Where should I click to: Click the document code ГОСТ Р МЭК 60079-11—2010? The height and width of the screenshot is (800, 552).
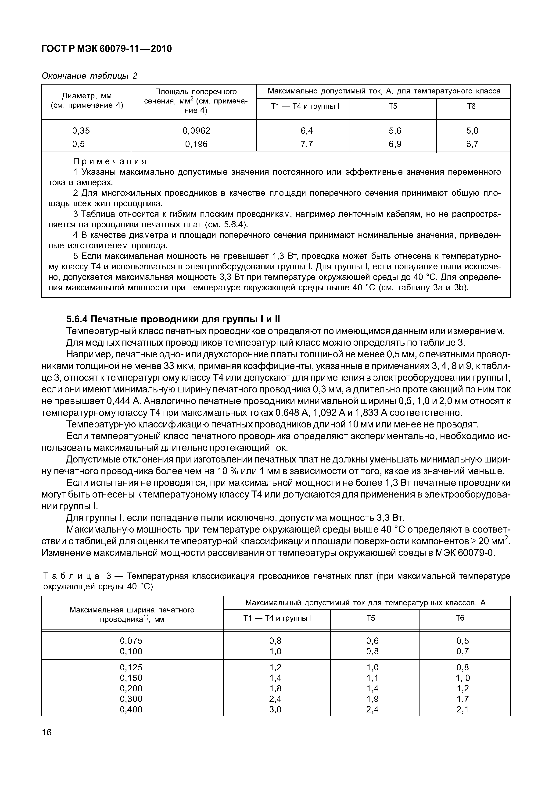pos(107,49)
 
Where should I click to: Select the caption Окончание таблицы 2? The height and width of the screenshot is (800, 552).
pos(89,76)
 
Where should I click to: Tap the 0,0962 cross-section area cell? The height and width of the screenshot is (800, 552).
pos(196,131)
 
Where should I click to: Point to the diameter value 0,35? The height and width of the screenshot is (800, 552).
pos(81,131)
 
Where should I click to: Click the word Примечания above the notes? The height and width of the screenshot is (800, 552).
pos(110,161)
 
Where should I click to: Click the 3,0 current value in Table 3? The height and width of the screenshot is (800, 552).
pos(275,709)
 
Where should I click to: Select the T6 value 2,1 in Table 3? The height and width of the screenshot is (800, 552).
pos(462,709)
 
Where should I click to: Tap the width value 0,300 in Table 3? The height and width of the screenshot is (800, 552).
pos(131,699)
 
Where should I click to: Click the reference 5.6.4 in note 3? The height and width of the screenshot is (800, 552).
pos(234,225)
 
